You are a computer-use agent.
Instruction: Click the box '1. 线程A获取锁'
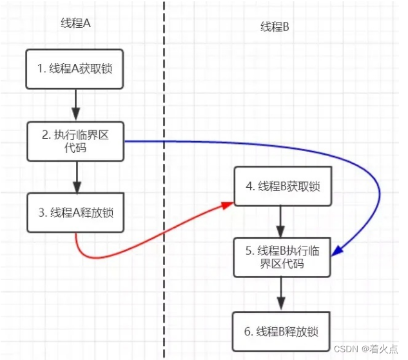[x=75, y=67]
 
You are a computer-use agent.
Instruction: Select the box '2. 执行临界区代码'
[x=75, y=141]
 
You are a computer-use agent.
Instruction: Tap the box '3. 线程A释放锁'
[x=75, y=212]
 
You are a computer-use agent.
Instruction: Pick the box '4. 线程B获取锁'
[x=281, y=187]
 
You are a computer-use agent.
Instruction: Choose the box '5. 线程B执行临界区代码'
[x=281, y=257]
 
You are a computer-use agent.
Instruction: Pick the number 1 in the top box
[x=40, y=67]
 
